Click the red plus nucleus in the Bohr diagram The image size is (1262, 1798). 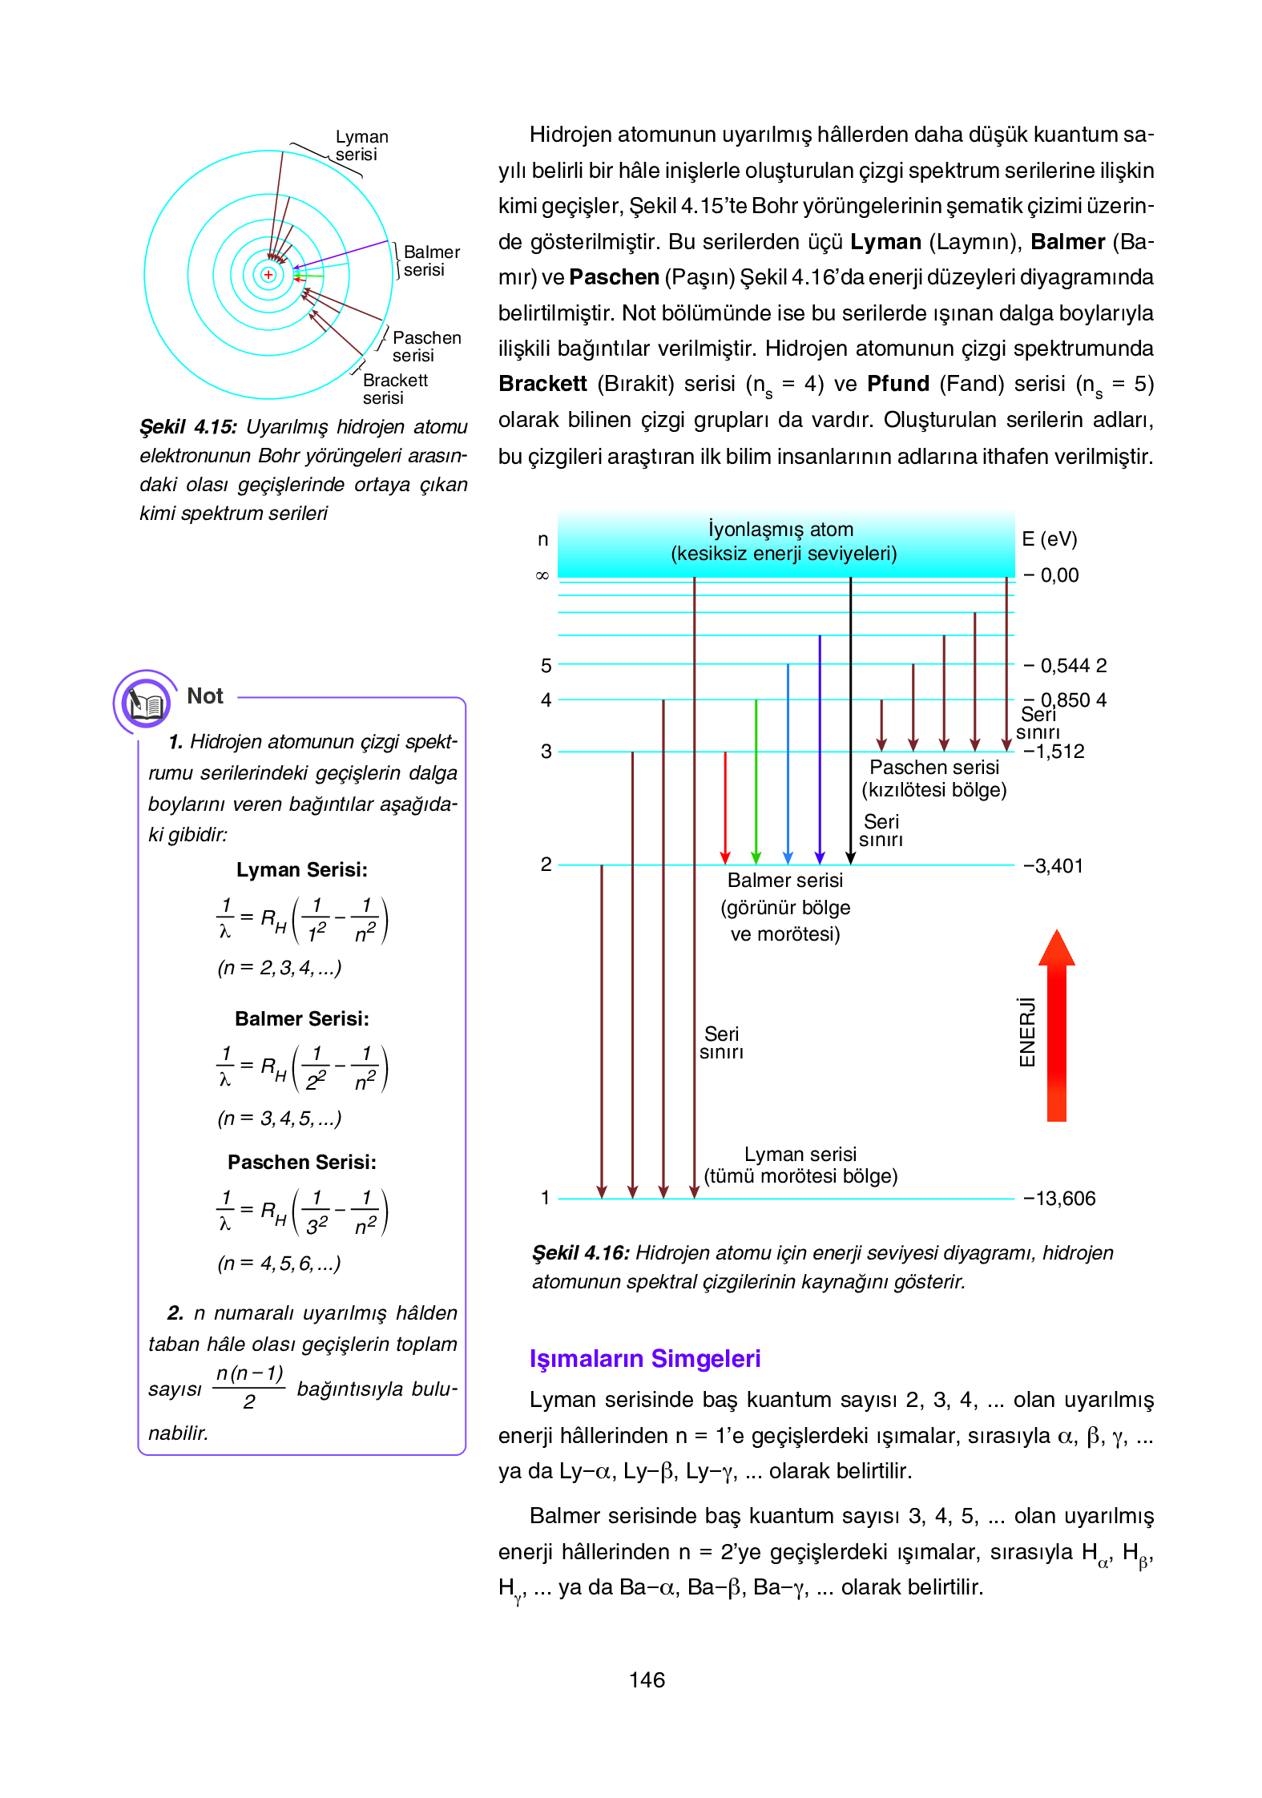(268, 275)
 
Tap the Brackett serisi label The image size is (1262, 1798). (395, 389)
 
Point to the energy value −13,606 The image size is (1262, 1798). (1059, 1199)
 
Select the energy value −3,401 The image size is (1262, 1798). (1053, 866)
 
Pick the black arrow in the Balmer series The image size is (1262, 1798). (851, 721)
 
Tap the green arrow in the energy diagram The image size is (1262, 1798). (756, 781)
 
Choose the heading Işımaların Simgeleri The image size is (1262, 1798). (645, 1359)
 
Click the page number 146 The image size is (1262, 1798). (647, 1680)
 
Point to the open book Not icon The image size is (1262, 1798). (145, 703)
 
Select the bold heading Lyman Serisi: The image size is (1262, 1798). (301, 870)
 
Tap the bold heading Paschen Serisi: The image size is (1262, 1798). (301, 1163)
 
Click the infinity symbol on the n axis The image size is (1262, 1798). (542, 575)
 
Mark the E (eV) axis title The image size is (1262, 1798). (1049, 539)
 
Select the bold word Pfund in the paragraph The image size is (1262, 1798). (898, 384)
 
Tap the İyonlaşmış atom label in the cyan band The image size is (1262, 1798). (781, 530)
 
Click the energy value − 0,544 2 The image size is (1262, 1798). (1066, 666)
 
